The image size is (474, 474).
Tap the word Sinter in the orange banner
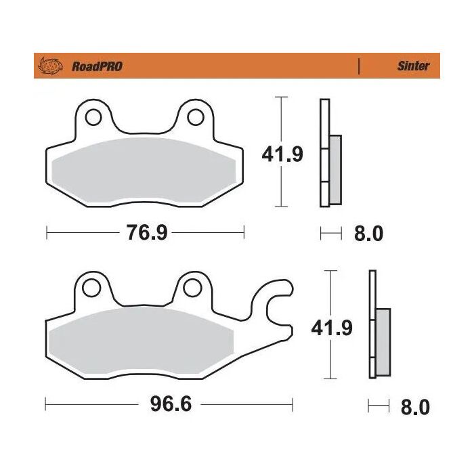412,66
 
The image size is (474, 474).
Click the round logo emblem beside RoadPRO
51,66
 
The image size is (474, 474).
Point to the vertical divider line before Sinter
358,66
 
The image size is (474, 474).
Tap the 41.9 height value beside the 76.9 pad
282,154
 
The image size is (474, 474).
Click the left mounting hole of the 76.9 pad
93,116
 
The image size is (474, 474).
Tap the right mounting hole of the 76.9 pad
195,116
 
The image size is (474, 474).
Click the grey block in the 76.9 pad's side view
335,169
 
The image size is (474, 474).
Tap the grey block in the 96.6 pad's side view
383,343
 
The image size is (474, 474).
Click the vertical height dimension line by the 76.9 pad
280,122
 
